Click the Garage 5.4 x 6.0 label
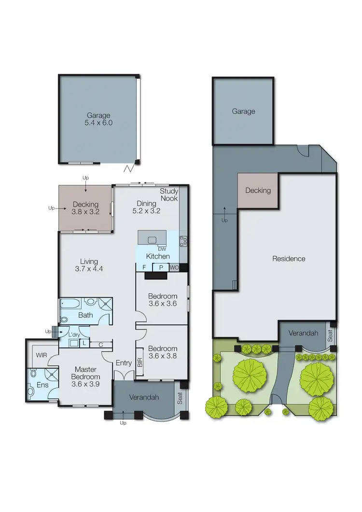98,119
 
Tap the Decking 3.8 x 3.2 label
85,208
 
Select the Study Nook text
169,195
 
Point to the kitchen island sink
153,239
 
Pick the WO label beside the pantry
174,267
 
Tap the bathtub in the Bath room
71,304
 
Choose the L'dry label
74,334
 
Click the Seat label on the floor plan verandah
180,398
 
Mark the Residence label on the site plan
289,259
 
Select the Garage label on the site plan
243,111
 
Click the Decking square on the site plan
258,191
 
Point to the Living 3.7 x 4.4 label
85,265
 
